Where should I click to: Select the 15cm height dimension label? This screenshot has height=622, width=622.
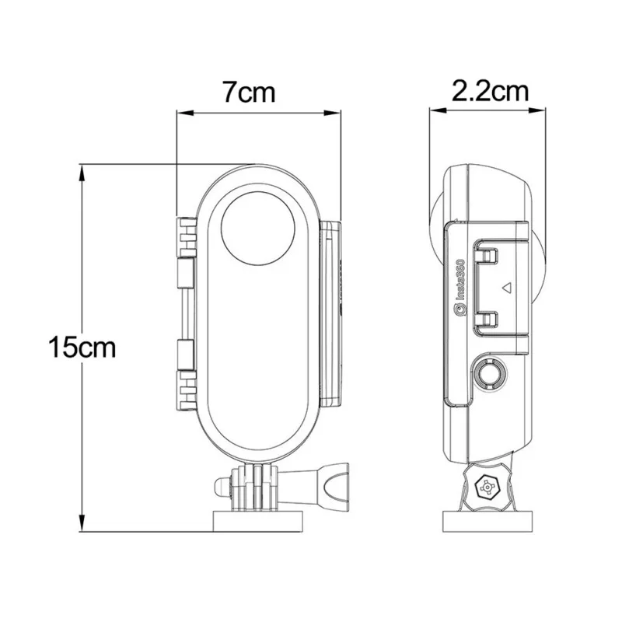tap(81, 346)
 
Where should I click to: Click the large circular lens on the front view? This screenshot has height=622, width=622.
tap(260, 230)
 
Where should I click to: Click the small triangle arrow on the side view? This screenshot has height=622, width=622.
tap(505, 287)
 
